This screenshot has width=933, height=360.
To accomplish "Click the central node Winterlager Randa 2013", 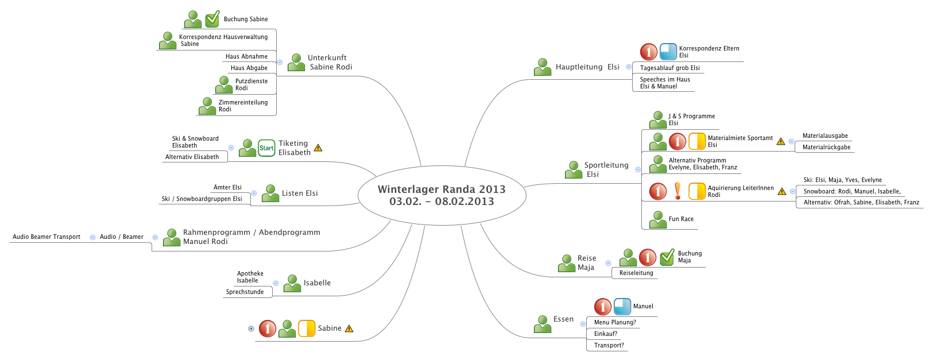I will [442, 195].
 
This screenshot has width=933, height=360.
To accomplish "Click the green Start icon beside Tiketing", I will [266, 148].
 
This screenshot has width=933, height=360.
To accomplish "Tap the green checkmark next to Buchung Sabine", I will [212, 19].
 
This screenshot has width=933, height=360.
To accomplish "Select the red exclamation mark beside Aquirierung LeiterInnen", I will [678, 191].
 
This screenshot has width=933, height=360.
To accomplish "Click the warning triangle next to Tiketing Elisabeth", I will [318, 148].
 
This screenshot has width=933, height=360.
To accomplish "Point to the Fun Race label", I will [681, 219].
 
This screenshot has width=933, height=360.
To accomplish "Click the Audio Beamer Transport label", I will [47, 237].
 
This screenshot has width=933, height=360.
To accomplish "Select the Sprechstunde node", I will [245, 292].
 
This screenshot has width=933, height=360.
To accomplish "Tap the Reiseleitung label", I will [636, 273].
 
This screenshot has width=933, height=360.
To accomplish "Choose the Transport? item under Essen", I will [609, 345].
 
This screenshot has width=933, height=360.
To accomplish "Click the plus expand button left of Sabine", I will [251, 329].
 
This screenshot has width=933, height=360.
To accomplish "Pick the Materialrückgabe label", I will [826, 147].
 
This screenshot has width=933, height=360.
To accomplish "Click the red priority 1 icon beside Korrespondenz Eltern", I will [649, 52].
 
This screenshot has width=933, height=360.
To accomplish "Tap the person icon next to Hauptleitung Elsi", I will [543, 67].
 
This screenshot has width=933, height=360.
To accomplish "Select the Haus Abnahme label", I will [246, 56].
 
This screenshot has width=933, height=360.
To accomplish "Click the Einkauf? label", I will [606, 334].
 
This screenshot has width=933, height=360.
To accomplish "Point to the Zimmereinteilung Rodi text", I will [243, 106].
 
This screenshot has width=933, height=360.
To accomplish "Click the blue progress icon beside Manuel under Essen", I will [622, 307].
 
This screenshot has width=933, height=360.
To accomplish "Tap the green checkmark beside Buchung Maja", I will [667, 257].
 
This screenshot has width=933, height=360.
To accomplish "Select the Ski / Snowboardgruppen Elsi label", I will [202, 199].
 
